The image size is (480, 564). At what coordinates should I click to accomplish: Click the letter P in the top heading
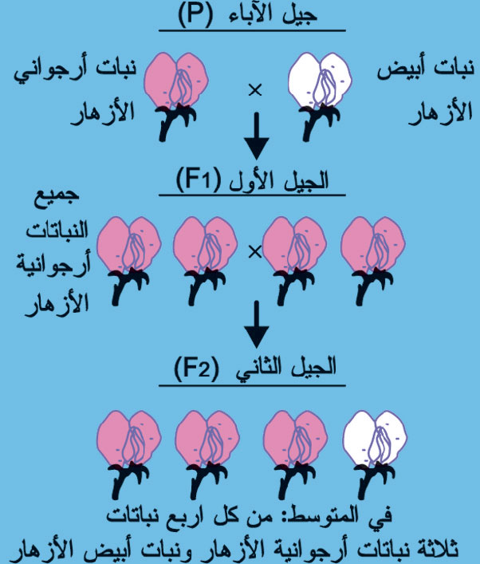pos(195,15)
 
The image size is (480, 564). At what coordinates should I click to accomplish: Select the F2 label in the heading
pos(196,368)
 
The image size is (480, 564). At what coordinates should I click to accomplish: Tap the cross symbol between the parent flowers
pos(255,89)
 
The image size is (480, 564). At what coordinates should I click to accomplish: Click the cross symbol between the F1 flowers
pos(255,252)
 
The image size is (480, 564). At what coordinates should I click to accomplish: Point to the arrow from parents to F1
pos(257,136)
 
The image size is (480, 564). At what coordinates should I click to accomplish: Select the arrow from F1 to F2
pos(257,325)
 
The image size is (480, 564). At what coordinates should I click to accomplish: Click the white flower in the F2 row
pos(375,455)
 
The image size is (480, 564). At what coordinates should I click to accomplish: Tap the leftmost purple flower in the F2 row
pos(128,455)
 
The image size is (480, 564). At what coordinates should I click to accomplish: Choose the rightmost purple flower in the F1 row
pos(373,261)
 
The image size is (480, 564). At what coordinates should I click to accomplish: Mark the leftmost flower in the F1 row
pos(128,261)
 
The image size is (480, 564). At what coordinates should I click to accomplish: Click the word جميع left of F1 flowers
pos(57,197)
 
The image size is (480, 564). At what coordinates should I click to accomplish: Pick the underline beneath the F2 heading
pos(252,385)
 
